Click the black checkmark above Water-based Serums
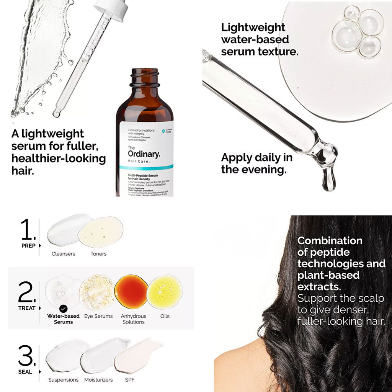point(64,308)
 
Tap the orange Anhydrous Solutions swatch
point(131,292)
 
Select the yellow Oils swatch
point(165,292)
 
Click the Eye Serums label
point(98,316)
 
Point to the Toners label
point(98,254)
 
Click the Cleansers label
point(64,254)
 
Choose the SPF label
point(129,380)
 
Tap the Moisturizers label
point(99,380)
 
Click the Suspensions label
point(64,380)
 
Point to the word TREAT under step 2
point(27,308)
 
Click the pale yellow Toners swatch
point(100,232)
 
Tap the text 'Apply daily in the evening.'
point(256,163)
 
